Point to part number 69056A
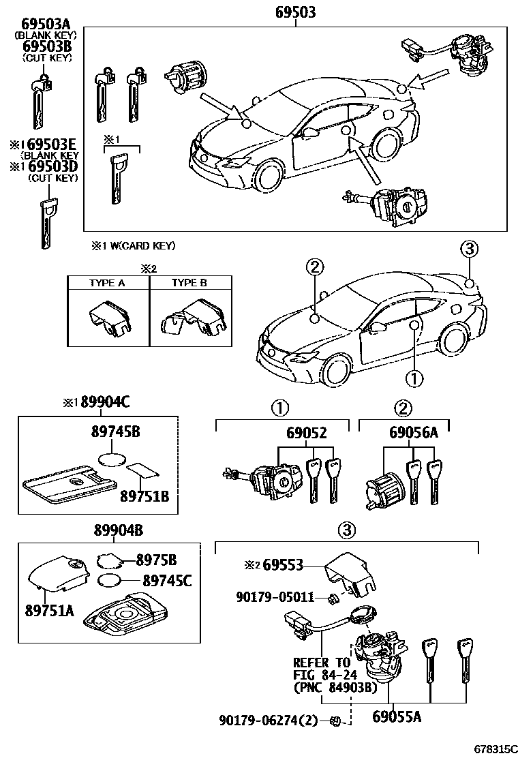414,434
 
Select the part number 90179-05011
275,597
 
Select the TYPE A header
107,283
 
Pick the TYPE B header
189,283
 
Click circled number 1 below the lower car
414,377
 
